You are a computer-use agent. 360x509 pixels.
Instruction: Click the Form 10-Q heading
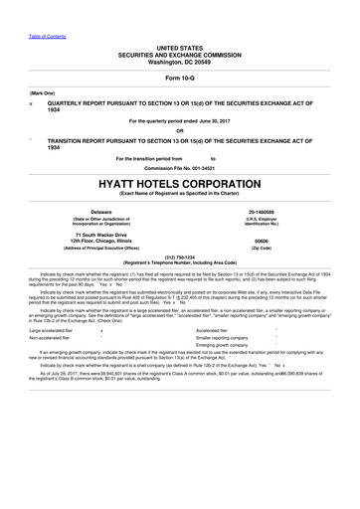click(179, 78)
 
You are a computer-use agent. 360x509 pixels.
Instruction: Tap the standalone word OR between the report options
click(179, 128)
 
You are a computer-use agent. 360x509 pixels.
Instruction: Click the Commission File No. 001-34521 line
click(179, 165)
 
